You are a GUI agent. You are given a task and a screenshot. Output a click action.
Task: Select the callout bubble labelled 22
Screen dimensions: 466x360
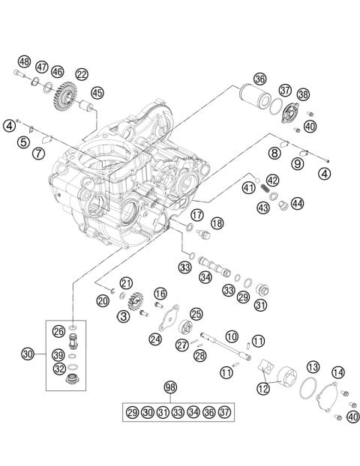[81, 73]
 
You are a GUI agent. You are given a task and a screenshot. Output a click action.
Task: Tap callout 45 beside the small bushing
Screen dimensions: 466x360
[97, 92]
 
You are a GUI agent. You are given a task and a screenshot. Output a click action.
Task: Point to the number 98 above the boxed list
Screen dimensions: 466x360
[170, 387]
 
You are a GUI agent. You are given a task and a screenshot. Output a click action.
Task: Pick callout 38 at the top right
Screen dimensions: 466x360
[303, 94]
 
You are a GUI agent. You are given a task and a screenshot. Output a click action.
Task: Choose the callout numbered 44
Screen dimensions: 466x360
[298, 203]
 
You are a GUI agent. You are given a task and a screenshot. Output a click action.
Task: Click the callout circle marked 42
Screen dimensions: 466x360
[273, 180]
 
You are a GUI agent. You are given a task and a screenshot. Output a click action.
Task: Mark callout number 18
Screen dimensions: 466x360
[217, 223]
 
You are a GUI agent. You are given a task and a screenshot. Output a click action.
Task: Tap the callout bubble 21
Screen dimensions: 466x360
[126, 282]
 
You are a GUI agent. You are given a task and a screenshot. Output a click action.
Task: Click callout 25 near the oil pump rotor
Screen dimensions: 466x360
[196, 315]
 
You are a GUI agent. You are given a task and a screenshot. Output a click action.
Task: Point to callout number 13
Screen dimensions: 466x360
[313, 366]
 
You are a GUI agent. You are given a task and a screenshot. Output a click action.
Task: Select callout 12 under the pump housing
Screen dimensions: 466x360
[262, 389]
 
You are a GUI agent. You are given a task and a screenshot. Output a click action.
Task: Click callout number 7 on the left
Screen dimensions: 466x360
[35, 154]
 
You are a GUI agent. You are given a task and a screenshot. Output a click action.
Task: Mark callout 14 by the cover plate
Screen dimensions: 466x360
[338, 372]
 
